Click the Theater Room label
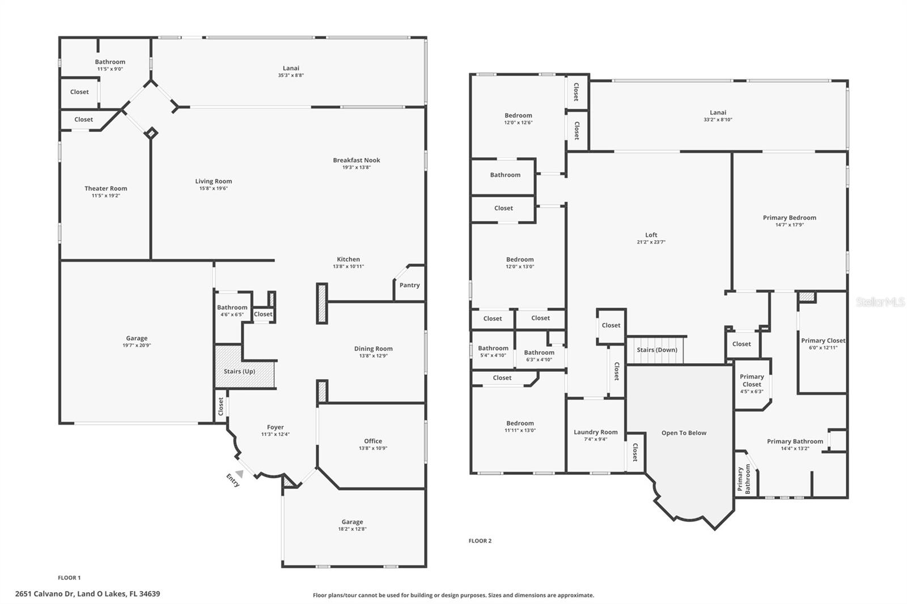[x=105, y=189]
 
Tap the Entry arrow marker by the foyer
[x=239, y=473]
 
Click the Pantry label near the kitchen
[x=409, y=285]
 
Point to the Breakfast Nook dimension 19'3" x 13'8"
[x=356, y=168]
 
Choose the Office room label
[x=372, y=441]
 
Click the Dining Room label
[x=373, y=349]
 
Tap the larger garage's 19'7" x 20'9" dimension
[x=137, y=346]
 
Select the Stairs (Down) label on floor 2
[x=656, y=350]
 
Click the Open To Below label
[x=684, y=433]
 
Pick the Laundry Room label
[x=595, y=432]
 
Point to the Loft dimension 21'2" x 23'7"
[x=651, y=242]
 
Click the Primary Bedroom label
[x=789, y=218]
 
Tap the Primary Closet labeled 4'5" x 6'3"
[x=752, y=384]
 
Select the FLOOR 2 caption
[x=480, y=541]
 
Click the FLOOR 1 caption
[x=69, y=578]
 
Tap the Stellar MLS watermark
[x=880, y=303]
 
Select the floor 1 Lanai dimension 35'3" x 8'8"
[x=291, y=75]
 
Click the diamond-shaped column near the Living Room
[x=151, y=133]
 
